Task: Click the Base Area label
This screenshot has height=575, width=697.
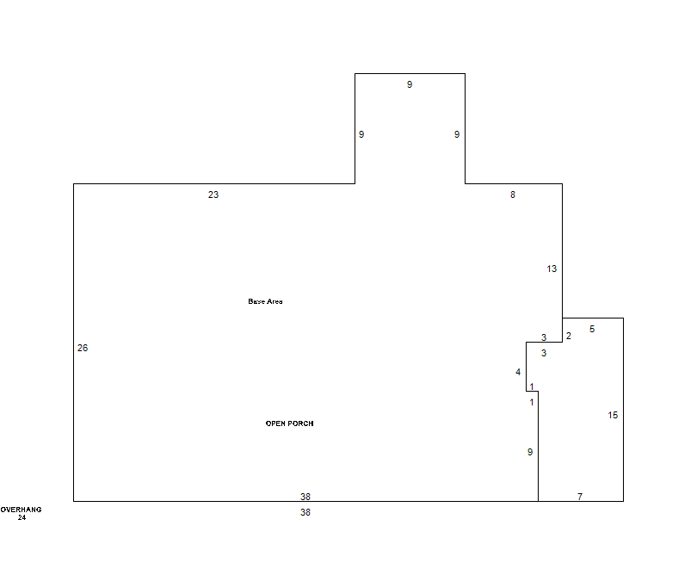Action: (265, 301)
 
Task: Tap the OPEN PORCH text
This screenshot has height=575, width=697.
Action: (289, 424)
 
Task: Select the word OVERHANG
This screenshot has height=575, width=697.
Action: (21, 510)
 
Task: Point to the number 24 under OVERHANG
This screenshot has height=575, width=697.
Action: (22, 517)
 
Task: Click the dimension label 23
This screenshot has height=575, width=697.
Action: (213, 195)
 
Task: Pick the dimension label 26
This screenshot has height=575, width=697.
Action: (83, 349)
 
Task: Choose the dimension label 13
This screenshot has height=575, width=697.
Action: (552, 269)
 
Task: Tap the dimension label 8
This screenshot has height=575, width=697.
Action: (513, 195)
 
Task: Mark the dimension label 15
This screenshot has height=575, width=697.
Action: (613, 415)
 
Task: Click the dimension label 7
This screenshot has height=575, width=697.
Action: (580, 497)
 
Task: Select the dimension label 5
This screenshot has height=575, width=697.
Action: (592, 329)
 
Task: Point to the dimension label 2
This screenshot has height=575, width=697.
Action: (569, 336)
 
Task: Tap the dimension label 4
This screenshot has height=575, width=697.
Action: (518, 372)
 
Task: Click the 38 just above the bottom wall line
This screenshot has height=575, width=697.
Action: (305, 497)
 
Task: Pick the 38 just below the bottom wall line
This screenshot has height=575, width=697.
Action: (305, 512)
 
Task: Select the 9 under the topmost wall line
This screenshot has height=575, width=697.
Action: (410, 84)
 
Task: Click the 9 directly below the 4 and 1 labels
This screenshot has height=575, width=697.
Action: (530, 452)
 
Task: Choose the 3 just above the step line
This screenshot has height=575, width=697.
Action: (544, 337)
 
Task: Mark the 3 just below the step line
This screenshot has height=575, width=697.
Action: (544, 353)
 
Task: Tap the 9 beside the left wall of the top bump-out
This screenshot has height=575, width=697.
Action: (361, 134)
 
